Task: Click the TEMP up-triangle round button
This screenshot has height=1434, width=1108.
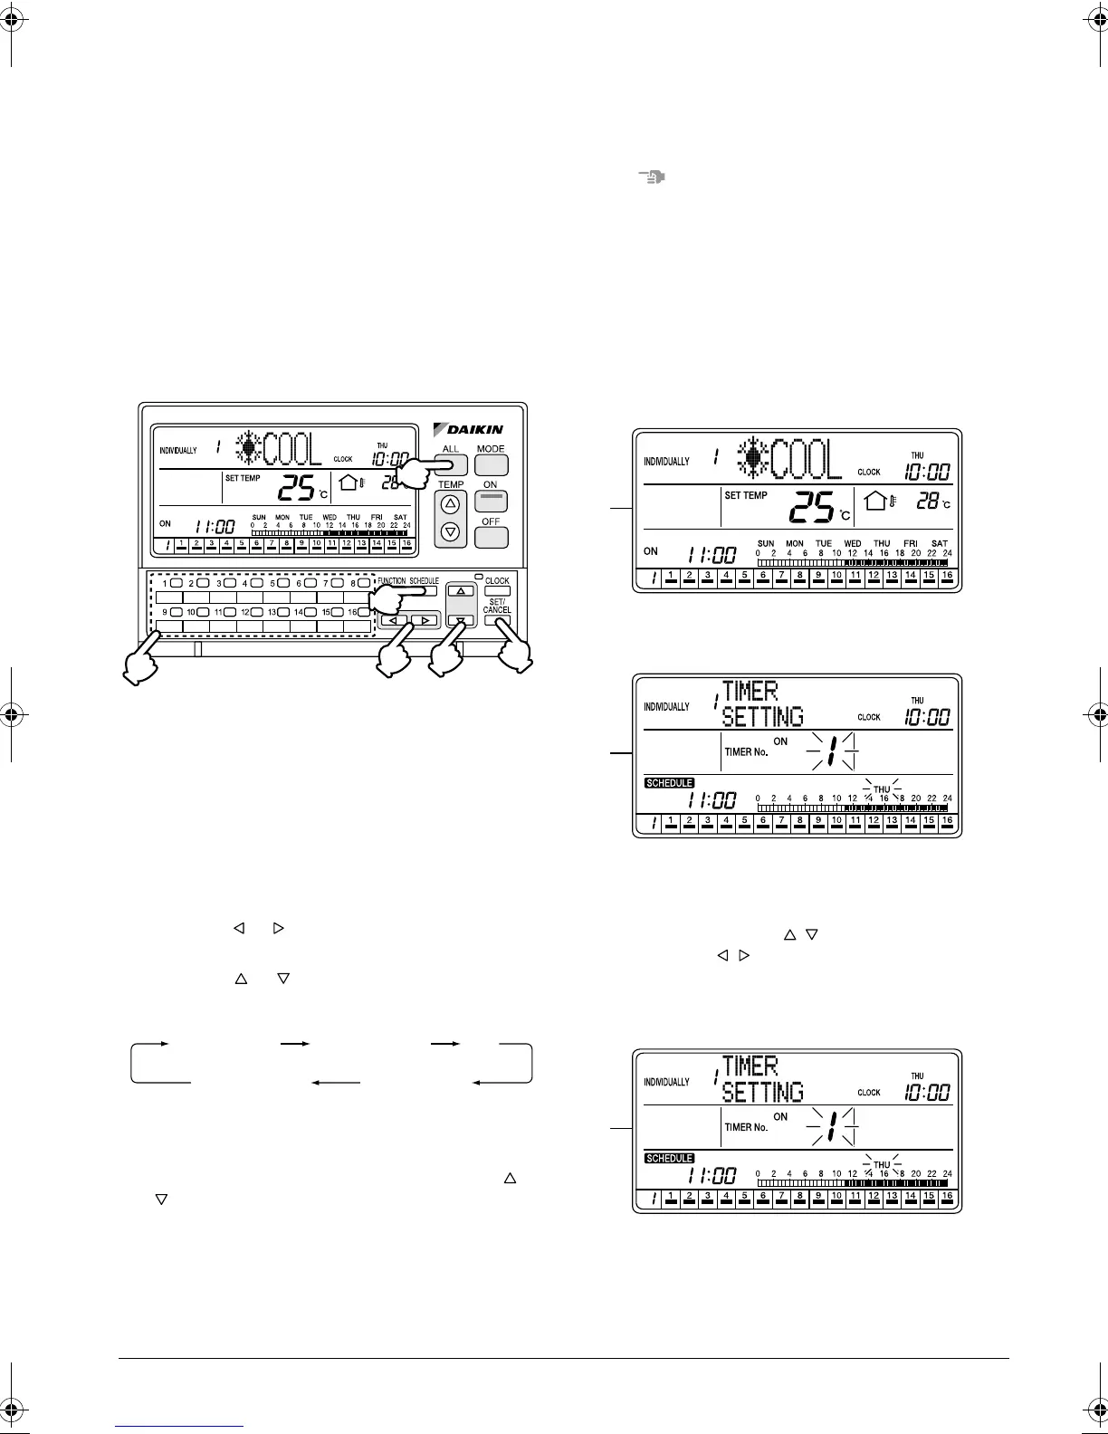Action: click(451, 503)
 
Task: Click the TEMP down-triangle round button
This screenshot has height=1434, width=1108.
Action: click(451, 532)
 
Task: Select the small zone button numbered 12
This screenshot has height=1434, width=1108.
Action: click(257, 613)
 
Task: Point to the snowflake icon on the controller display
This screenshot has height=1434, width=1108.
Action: click(247, 448)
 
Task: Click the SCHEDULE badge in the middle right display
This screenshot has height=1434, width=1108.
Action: click(669, 782)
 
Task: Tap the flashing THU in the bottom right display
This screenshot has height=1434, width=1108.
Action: click(882, 1165)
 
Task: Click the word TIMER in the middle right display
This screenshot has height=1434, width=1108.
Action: click(750, 693)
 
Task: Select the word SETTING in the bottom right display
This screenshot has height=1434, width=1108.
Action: click(763, 1092)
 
